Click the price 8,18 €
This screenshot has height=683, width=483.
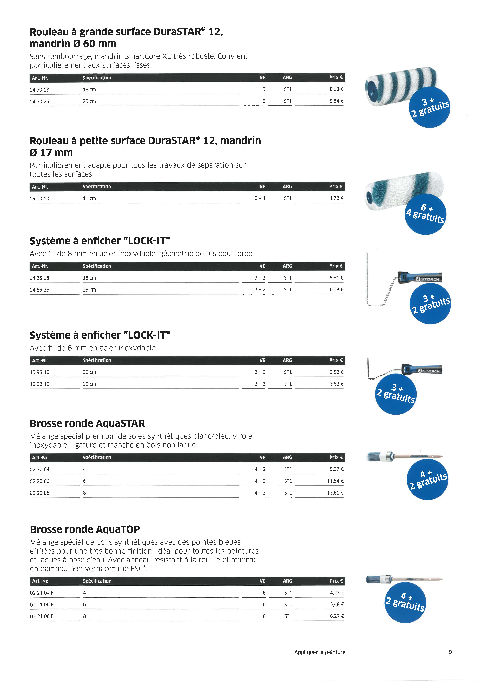coord(336,89)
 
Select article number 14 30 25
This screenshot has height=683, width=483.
coord(40,101)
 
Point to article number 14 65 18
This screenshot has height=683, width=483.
coord(40,278)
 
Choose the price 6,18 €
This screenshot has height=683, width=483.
coord(336,289)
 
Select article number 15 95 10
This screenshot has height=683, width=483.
coord(40,372)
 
